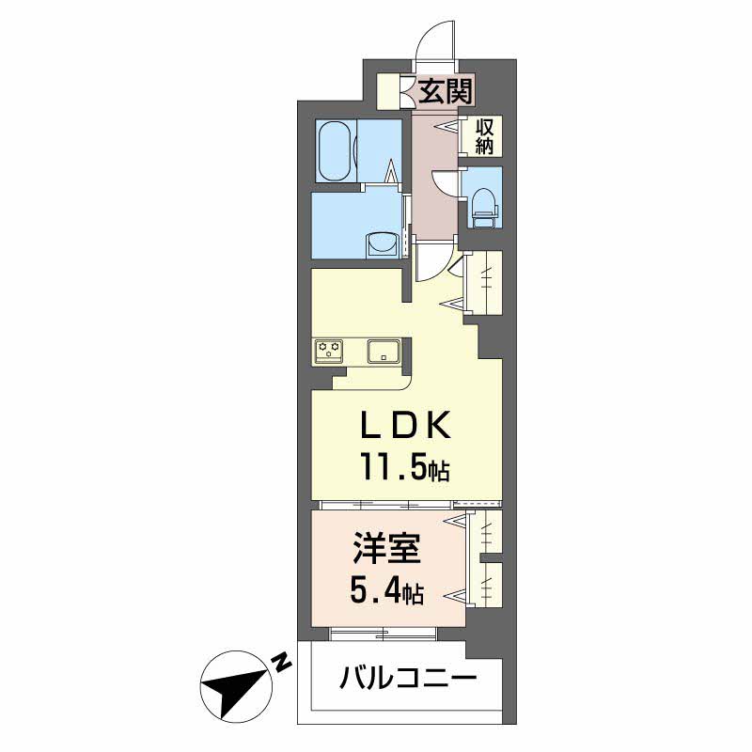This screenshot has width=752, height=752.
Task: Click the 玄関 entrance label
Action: click(446, 91)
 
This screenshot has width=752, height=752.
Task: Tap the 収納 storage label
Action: click(484, 136)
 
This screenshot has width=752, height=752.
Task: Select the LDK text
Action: click(406, 426)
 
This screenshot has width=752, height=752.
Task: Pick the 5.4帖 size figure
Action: click(386, 593)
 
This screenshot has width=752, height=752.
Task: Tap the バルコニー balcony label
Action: click(408, 678)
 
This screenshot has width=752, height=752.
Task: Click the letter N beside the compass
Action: click(282, 663)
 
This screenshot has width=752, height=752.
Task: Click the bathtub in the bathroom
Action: click(336, 150)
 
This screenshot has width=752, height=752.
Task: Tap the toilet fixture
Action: click(485, 207)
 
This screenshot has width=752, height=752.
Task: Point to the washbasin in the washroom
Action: click(383, 244)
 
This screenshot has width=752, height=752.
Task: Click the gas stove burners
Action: click(329, 348)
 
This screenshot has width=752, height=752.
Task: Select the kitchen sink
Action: click(384, 351)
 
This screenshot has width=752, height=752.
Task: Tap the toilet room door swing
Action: click(444, 183)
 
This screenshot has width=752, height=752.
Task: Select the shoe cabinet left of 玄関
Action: click(387, 91)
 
